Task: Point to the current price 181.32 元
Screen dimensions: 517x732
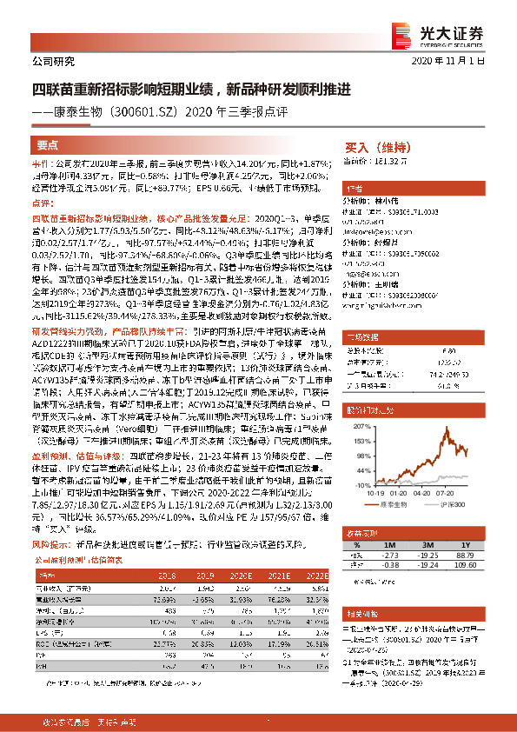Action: [388, 161]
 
